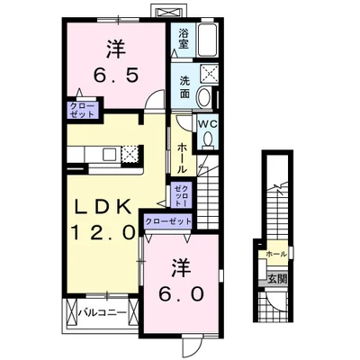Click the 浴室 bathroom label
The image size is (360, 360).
[x=184, y=39]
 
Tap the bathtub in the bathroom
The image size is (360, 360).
[x=208, y=40]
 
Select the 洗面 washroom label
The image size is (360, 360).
[x=184, y=87]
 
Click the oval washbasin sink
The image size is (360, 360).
[x=203, y=96]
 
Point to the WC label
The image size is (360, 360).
[x=208, y=124]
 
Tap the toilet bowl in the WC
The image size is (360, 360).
[x=208, y=139]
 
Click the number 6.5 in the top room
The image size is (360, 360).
[x=116, y=75]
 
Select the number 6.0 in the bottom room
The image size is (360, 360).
[x=182, y=294]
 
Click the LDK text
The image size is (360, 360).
[x=103, y=206]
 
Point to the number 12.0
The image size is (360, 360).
[x=103, y=232]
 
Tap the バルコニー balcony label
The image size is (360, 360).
[x=103, y=313]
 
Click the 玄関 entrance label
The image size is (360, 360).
[x=277, y=279]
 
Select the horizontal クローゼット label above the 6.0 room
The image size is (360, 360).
[x=168, y=221]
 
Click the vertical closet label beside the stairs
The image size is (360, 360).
[x=182, y=195]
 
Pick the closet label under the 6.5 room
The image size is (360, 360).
[x=82, y=110]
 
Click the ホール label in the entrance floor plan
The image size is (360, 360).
[x=276, y=255]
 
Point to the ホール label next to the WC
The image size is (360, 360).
[x=182, y=158]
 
